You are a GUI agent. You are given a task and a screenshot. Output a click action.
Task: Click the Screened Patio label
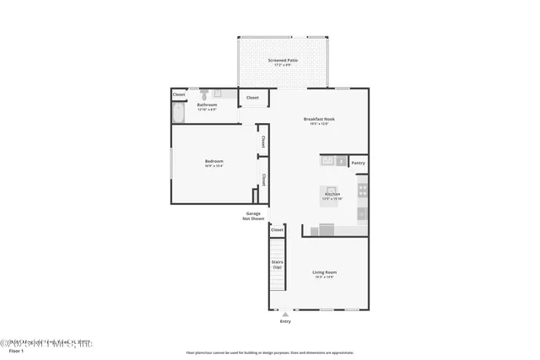point(283,61)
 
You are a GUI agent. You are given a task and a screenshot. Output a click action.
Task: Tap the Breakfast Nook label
point(320,119)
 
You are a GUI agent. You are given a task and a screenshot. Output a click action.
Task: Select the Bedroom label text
point(213,161)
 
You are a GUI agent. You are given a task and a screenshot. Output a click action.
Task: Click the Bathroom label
point(207,105)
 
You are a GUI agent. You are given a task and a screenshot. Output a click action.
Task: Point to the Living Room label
point(325,272)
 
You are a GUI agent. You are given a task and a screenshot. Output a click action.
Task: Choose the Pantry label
point(358,163)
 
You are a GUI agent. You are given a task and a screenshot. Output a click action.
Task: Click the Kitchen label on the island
point(332,194)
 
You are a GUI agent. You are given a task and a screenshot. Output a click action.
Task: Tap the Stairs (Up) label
point(277,264)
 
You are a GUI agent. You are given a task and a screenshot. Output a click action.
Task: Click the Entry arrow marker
point(284,314)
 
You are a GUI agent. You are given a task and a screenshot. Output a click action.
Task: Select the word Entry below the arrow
point(284,322)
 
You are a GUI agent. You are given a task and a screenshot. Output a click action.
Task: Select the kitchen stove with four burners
point(362,190)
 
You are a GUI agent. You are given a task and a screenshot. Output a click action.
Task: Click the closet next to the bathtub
point(179,94)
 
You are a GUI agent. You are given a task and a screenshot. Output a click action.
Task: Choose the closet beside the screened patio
point(253,99)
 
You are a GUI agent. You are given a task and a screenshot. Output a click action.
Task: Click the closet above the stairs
point(277,229)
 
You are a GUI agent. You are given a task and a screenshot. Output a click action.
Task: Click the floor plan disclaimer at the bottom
point(270,352)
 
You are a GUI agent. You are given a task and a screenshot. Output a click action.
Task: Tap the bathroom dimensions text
point(207,110)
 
